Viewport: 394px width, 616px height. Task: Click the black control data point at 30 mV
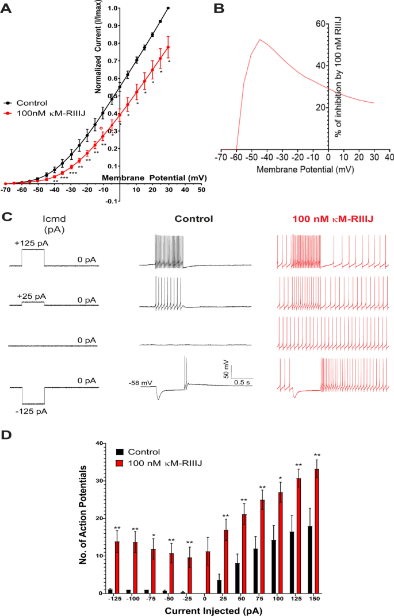pyautogui.click(x=168, y=9)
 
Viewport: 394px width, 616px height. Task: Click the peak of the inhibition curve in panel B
pyautogui.click(x=260, y=40)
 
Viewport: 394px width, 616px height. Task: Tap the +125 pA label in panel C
pyautogui.click(x=32, y=243)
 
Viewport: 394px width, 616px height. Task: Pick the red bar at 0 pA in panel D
pyautogui.click(x=208, y=572)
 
